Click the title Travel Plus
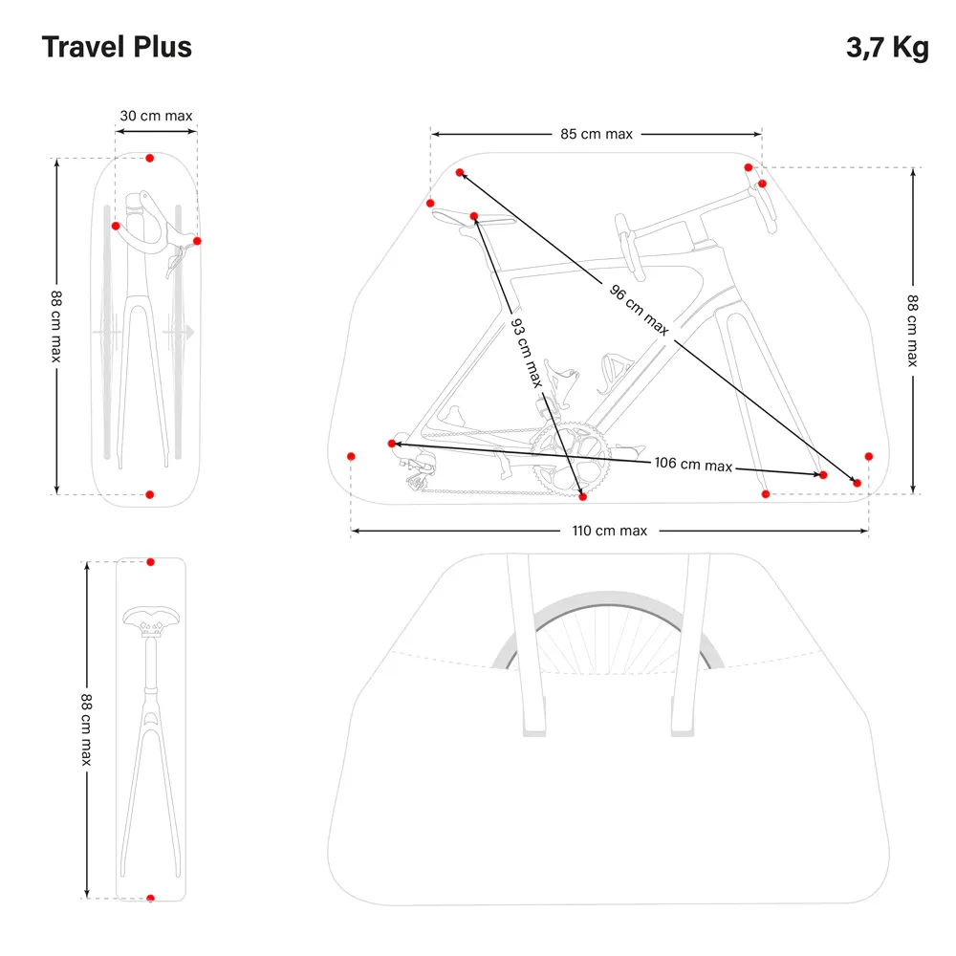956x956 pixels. click(x=117, y=47)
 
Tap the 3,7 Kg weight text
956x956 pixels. click(x=886, y=48)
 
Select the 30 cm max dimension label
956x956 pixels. click(x=156, y=116)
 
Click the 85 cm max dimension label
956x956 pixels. click(x=597, y=134)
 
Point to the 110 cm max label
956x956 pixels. click(x=611, y=531)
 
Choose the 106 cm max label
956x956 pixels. click(x=693, y=464)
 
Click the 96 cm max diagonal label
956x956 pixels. click(x=640, y=309)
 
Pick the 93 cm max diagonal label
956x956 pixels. click(x=525, y=353)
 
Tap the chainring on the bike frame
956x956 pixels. click(x=570, y=457)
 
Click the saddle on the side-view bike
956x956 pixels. click(x=470, y=218)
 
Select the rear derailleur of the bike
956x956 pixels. click(x=418, y=470)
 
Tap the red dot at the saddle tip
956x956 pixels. click(x=474, y=217)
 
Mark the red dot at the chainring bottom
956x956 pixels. click(x=582, y=496)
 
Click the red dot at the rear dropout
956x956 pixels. click(x=391, y=444)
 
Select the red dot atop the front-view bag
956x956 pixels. click(x=149, y=158)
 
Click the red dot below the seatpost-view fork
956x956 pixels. click(x=150, y=898)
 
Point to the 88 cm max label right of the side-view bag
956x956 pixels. click(x=912, y=330)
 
